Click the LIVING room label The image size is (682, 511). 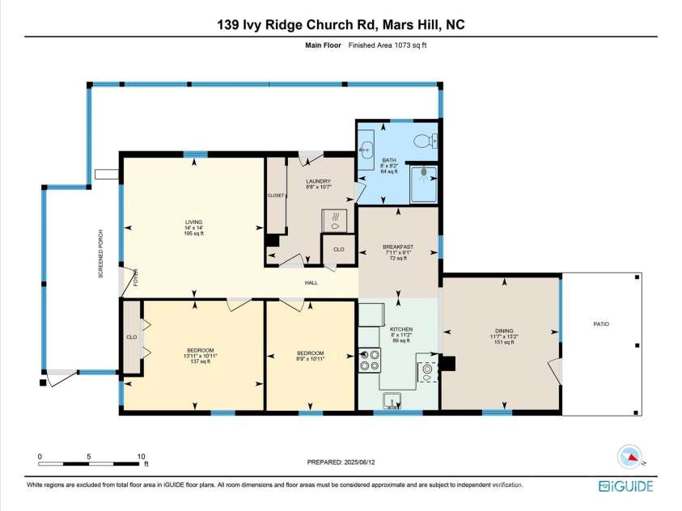[193, 222]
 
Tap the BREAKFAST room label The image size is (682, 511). [398, 247]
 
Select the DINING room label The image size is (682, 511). [502, 330]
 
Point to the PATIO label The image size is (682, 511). [600, 323]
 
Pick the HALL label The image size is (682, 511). [311, 283]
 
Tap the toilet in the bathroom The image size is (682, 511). [423, 141]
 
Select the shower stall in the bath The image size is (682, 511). [424, 183]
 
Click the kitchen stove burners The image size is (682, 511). [370, 358]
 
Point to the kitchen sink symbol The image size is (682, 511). [392, 400]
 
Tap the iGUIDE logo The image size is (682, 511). [626, 485]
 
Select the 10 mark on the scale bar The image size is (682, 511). [142, 456]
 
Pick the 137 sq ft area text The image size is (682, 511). [198, 361]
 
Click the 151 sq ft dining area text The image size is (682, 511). [502, 343]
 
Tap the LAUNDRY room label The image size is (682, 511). [318, 181]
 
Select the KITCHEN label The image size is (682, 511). [401, 330]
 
